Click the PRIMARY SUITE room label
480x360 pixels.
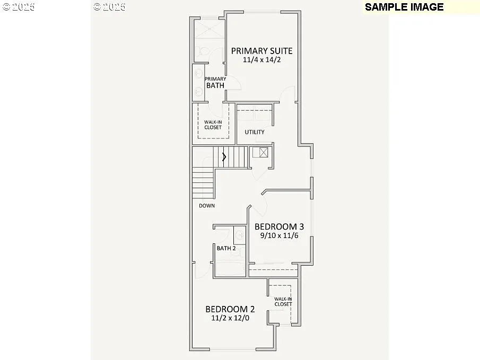coord(261,51)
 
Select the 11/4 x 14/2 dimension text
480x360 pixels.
coord(261,60)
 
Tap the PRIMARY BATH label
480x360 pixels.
coord(215,82)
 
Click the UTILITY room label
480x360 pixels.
coord(255,132)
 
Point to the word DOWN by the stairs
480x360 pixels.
coord(207,206)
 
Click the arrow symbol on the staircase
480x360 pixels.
coord(224,156)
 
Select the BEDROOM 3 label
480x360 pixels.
coord(279,226)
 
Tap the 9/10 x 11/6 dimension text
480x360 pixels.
coord(279,236)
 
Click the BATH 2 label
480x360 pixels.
coord(226,248)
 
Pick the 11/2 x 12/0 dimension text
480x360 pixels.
coord(230,318)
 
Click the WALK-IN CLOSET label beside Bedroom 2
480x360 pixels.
coord(283,302)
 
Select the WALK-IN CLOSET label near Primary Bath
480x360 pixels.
coord(213,125)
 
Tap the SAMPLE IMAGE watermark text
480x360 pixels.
coord(404,7)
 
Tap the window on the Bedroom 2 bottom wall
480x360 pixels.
coord(234,349)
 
